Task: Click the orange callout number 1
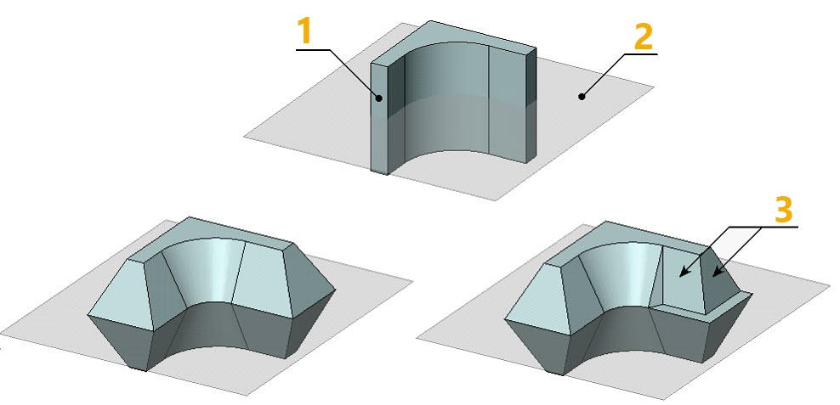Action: coord(304,32)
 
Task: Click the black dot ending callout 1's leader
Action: coord(378,98)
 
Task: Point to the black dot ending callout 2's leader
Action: coord(582,97)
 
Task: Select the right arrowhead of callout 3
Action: coord(715,273)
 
